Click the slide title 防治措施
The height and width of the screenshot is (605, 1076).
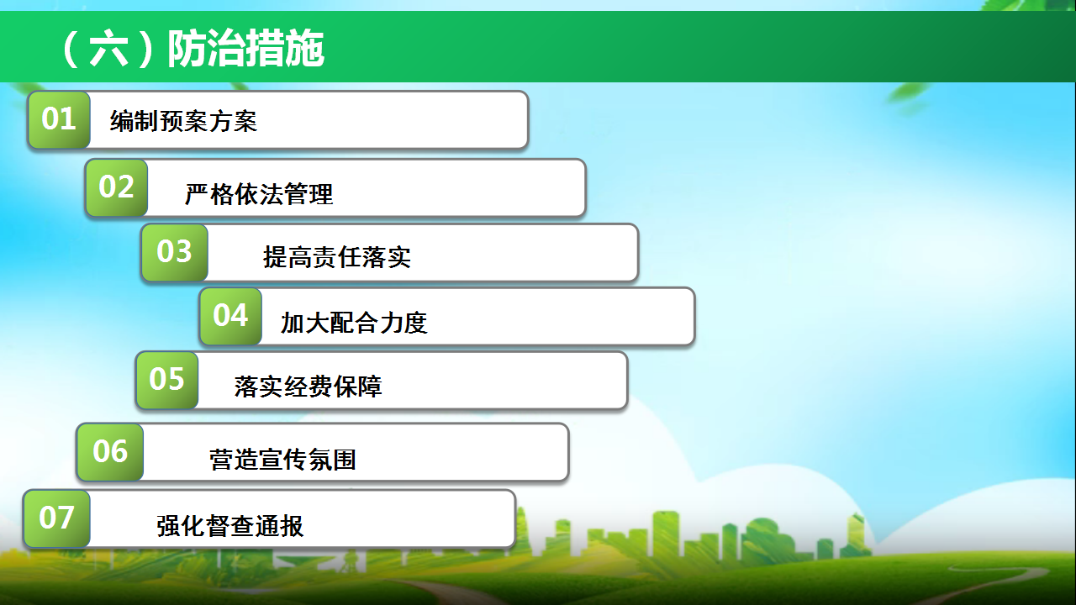[x=246, y=49]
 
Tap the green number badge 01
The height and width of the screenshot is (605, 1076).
[x=59, y=119]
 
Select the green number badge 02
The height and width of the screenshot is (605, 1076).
[x=116, y=187]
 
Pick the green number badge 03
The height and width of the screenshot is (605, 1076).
[x=174, y=252]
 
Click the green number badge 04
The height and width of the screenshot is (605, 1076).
[x=230, y=316]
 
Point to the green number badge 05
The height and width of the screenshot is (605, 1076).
[x=166, y=380]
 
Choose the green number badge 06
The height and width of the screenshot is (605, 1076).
[x=110, y=452]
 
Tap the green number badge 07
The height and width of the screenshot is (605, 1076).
[x=56, y=518]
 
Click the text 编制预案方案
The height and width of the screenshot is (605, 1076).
[x=183, y=121]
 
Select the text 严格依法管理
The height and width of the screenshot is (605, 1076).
[x=259, y=194]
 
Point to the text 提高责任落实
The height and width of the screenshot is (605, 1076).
[x=337, y=257]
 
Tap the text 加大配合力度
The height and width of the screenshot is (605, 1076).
[x=354, y=323]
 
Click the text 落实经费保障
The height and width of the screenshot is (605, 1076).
[x=309, y=387]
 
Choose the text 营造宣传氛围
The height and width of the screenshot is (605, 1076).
[x=283, y=460]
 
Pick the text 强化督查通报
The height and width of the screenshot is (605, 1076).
[x=230, y=526]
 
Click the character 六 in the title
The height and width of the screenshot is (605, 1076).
[x=108, y=49]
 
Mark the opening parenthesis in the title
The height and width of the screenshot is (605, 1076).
[x=71, y=49]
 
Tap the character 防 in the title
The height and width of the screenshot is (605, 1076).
[x=187, y=49]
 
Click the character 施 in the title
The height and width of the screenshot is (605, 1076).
[x=305, y=49]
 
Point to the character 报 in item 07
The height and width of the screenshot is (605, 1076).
[x=292, y=526]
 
